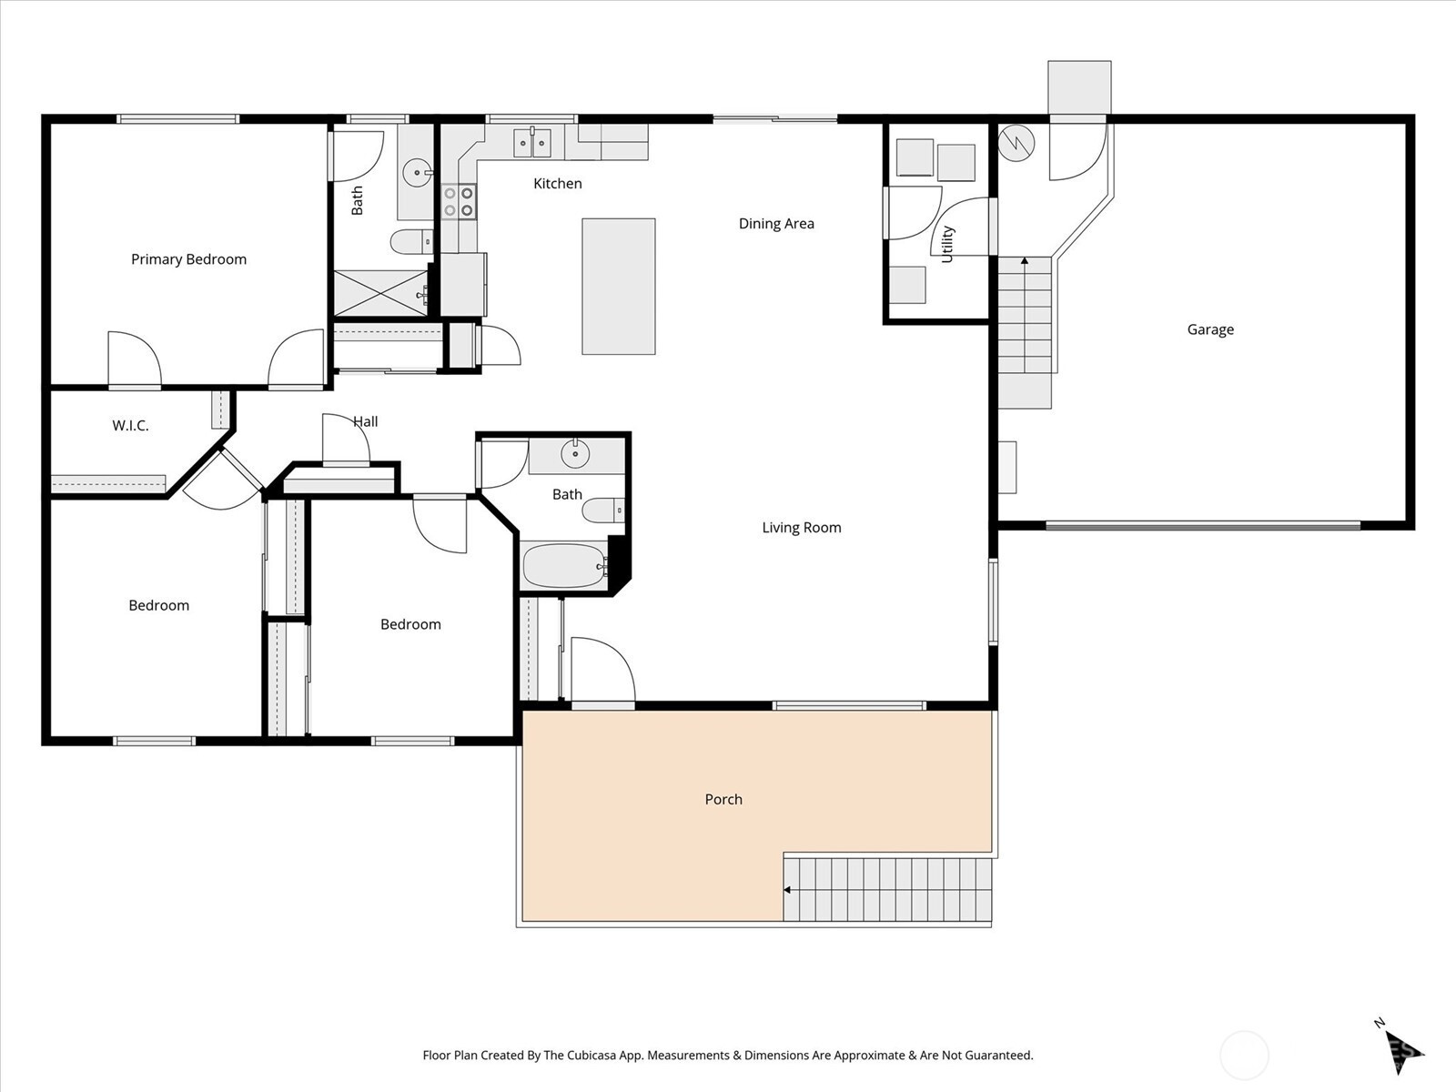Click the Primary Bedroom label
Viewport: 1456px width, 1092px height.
(x=188, y=259)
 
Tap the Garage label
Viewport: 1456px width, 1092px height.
(x=1210, y=329)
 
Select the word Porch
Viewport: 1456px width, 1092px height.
(x=723, y=800)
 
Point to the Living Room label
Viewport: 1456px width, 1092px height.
(x=802, y=528)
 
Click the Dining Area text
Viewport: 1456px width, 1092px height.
(x=776, y=224)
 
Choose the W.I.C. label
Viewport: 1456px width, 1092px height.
(x=130, y=426)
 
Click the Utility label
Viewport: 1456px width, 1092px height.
(x=947, y=244)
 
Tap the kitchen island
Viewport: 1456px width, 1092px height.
(x=619, y=287)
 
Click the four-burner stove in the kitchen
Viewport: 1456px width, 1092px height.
(x=459, y=201)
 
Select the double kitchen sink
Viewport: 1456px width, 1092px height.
(x=532, y=143)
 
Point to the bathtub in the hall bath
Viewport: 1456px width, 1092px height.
(x=565, y=566)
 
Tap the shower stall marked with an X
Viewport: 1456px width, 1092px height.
(x=381, y=292)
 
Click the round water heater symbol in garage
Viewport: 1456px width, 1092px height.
(x=1016, y=143)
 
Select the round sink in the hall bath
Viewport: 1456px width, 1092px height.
(x=575, y=454)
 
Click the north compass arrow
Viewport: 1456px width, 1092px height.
(x=1403, y=1050)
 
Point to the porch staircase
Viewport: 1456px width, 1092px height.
(x=887, y=890)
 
